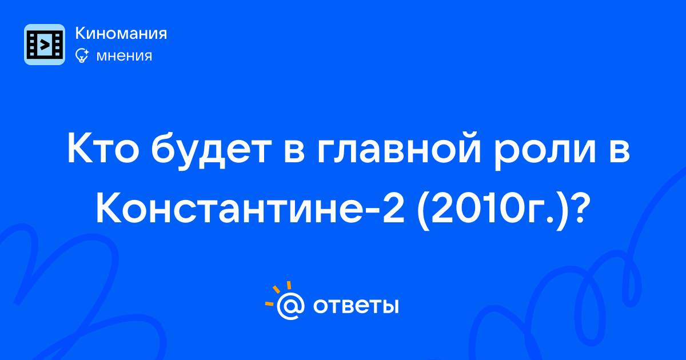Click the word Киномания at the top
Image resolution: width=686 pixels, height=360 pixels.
coord(121,33)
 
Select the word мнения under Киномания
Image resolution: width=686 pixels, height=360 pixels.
coord(124,56)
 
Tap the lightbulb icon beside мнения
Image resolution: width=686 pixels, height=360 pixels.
coord(82,56)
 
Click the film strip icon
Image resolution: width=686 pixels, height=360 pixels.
coord(45,45)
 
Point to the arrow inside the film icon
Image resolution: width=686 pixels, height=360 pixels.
coord(45,45)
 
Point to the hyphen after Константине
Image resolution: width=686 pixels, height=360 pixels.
coord(368,212)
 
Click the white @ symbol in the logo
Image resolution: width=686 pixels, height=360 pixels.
coord(290,306)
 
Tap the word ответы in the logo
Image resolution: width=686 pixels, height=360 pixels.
coord(356,306)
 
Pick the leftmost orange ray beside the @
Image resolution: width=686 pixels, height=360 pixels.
coord(269,303)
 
